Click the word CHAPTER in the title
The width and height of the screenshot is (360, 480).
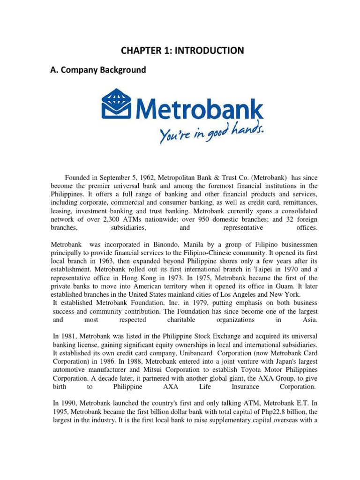139,50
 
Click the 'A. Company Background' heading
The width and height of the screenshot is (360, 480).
98,70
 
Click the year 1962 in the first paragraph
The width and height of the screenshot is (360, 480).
143,178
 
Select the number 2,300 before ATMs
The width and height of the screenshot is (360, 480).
121,219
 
